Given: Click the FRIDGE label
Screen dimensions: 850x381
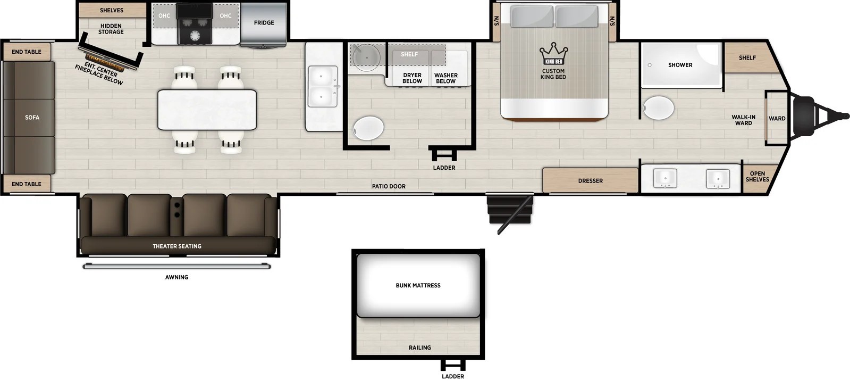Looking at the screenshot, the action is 264,23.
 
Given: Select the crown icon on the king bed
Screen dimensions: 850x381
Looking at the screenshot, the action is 553,53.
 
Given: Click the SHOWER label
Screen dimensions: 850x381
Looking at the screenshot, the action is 680,65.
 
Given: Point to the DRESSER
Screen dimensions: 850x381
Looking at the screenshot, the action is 591,180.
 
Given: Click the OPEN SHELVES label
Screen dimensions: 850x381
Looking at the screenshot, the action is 758,177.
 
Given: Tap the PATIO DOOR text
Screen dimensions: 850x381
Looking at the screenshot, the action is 389,186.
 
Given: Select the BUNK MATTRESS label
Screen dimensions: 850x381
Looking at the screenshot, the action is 418,285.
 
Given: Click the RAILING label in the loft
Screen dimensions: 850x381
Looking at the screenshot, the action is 420,347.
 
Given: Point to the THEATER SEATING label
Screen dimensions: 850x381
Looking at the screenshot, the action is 177,246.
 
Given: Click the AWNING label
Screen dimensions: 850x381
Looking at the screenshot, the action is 176,277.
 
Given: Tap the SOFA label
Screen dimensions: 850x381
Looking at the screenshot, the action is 32,118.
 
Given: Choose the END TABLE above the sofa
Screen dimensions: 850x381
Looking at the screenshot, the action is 27,52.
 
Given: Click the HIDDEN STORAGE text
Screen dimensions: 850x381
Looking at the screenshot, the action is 111,29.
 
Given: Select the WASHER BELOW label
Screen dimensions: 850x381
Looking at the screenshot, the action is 446,78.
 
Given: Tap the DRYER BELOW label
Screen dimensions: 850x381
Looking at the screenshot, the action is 412,78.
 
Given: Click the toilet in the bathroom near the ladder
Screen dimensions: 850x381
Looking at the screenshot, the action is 368,128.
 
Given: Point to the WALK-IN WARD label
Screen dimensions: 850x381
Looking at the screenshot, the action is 743,120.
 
